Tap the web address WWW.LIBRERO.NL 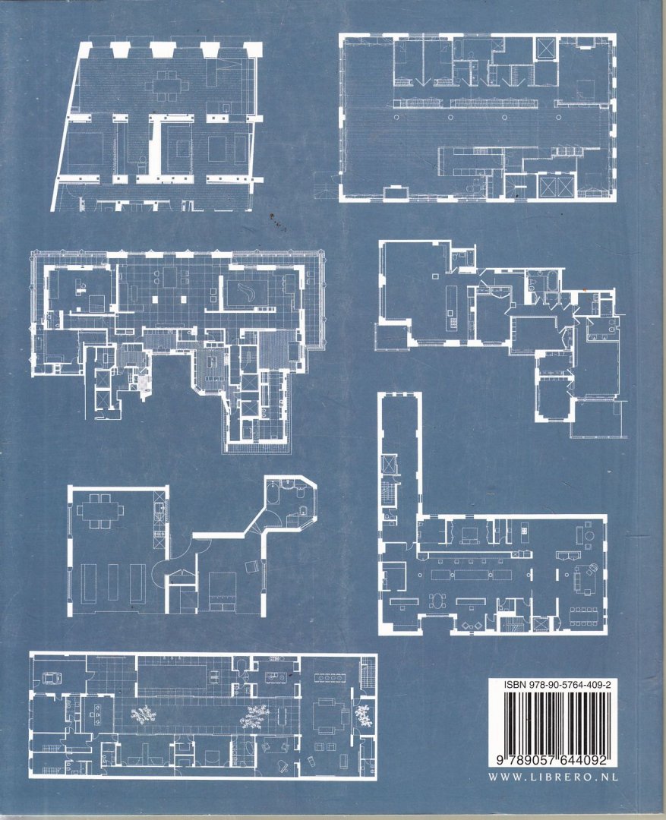[x=553, y=777]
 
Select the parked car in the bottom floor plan [x=52, y=678]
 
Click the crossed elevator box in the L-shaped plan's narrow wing [x=390, y=464]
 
